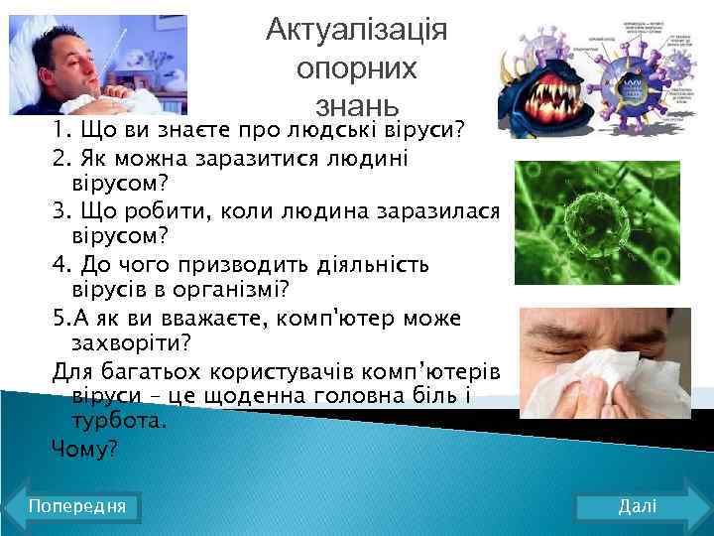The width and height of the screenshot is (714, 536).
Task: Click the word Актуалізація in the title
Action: click(x=357, y=30)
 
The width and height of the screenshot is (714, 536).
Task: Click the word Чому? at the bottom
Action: click(x=84, y=449)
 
